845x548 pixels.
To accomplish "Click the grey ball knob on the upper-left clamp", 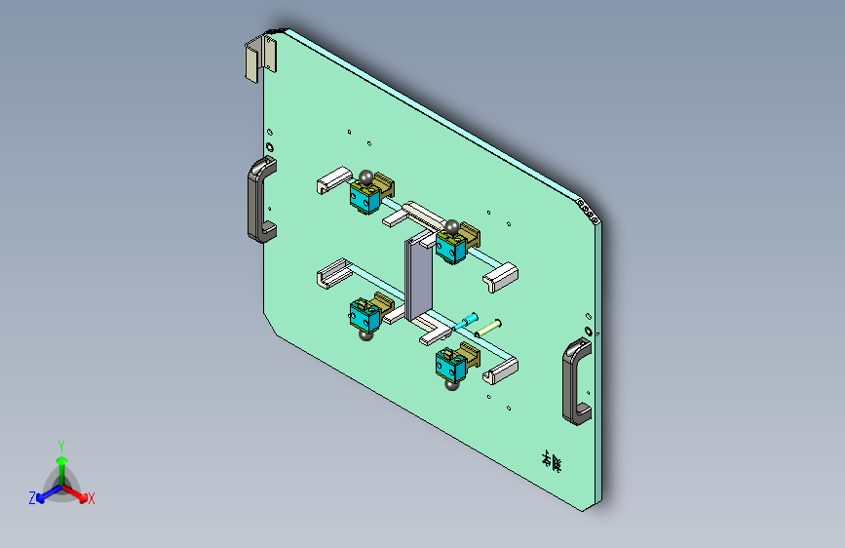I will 365,177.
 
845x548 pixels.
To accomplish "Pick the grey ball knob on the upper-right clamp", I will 451,227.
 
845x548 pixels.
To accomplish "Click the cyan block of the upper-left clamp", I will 365,199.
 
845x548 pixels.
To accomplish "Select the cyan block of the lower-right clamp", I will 450,366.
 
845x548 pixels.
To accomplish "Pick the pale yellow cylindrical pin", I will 490,327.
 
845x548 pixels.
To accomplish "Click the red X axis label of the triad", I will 91,498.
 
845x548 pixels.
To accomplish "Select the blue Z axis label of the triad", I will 32,498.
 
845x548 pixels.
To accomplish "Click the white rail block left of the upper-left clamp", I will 331,180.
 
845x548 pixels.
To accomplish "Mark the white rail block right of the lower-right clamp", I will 502,370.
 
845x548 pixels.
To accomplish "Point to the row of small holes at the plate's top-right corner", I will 588,209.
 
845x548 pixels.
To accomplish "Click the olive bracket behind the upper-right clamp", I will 470,235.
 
